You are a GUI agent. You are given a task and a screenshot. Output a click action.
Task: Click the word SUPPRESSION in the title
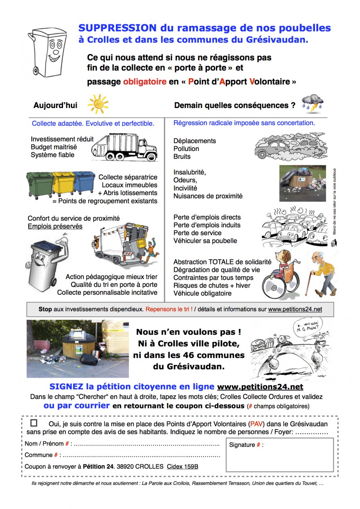coord(117,28)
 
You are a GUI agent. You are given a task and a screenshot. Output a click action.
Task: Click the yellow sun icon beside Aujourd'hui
coord(98,104)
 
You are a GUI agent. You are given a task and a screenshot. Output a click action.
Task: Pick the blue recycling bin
coord(84,182)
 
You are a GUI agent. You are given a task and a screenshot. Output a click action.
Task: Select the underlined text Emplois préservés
coord(55,226)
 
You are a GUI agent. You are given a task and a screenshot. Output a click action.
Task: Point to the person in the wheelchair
coord(280,273)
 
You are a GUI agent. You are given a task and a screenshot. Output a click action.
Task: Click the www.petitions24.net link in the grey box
coord(295,309)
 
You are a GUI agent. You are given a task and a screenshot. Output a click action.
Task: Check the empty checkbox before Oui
coord(34,423)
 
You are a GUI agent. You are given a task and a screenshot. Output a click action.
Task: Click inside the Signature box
coord(279,458)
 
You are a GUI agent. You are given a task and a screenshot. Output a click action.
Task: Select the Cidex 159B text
coord(182,466)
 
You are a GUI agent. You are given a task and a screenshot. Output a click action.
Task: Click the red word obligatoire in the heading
coord(145,82)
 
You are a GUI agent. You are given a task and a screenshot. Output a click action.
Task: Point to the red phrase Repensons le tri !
coord(169,309)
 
